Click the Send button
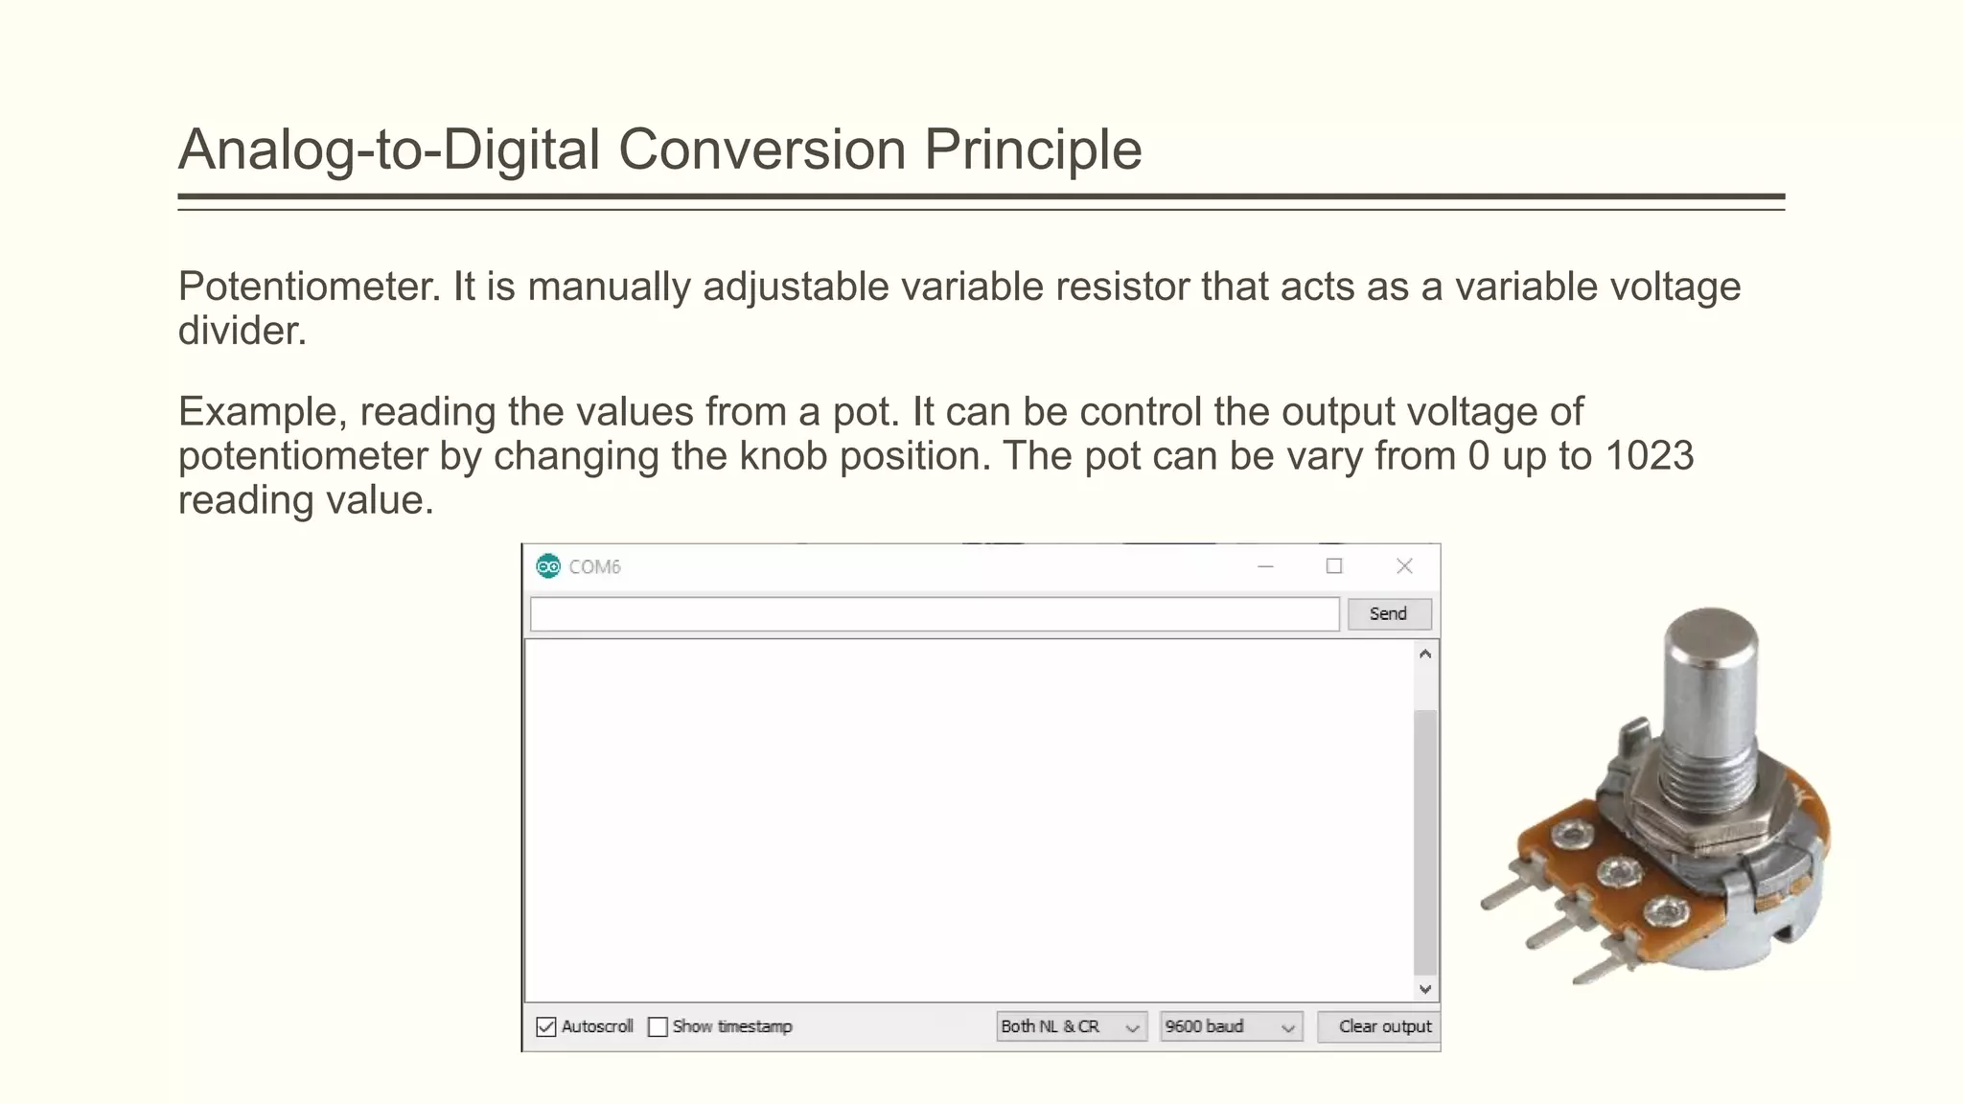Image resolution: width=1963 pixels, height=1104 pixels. point(1388,614)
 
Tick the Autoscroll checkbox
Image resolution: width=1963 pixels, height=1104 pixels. point(546,1027)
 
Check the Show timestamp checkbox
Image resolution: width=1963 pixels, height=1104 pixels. point(658,1027)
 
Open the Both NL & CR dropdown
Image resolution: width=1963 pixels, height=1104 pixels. point(1071,1027)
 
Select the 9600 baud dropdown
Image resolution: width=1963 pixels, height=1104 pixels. point(1230,1027)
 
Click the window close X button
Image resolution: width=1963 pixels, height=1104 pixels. point(1404,566)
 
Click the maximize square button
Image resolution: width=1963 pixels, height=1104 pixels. point(1333,566)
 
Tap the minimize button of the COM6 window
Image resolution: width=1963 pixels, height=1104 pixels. point(1265,566)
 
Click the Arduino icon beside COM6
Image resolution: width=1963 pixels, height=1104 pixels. point(548,566)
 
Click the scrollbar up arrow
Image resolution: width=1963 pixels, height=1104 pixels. point(1424,655)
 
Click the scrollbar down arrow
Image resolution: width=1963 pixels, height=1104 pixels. point(1424,989)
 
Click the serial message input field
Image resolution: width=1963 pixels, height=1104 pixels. point(934,614)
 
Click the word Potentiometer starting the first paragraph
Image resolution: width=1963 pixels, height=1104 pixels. point(309,287)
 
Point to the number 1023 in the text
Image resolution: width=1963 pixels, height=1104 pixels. point(1649,456)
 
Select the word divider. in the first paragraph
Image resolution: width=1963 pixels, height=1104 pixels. point(242,331)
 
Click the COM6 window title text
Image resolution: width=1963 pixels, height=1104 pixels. point(594,566)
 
